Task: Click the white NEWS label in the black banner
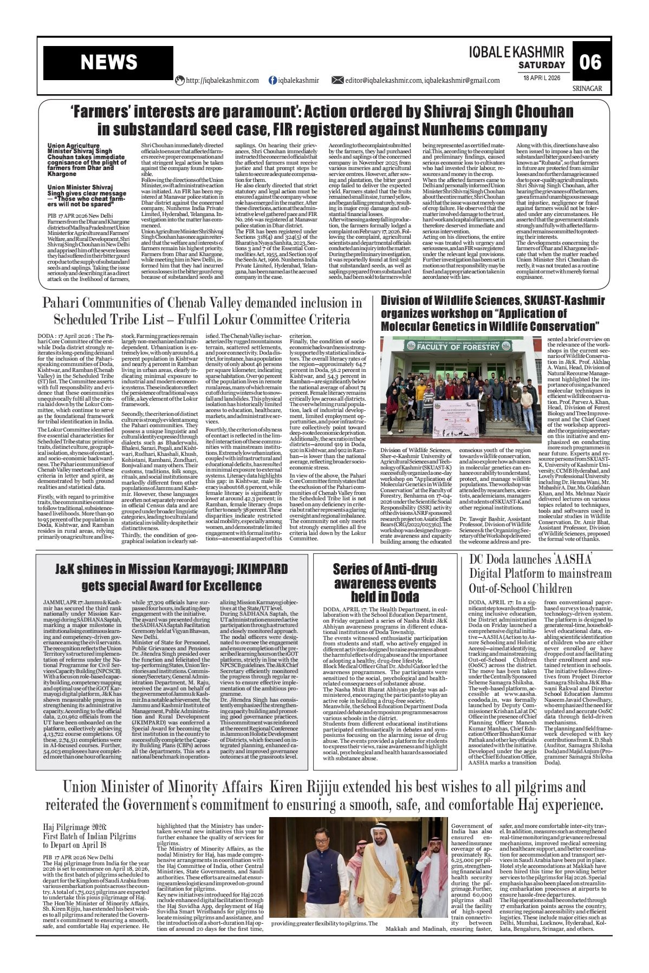point(109,63)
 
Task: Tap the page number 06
point(590,62)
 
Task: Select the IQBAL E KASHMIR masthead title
point(516,51)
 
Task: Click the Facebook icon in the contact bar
point(273,80)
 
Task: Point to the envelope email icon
point(337,80)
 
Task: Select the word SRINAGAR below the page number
point(587,88)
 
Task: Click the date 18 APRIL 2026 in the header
point(542,77)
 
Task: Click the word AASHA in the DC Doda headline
point(580,558)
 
